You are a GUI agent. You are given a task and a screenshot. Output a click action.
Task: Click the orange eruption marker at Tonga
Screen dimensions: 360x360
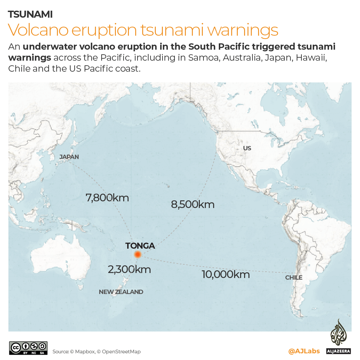point(138,255)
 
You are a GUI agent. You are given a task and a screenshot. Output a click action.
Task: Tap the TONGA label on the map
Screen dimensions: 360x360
point(140,246)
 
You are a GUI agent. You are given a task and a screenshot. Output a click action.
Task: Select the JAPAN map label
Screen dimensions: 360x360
point(69,157)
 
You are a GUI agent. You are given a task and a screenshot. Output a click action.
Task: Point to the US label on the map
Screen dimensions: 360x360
point(247,148)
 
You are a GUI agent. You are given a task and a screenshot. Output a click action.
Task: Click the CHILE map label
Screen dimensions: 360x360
point(294,277)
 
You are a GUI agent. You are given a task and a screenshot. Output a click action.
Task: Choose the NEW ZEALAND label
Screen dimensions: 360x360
point(121,292)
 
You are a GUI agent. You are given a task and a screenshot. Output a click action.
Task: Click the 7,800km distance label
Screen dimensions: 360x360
point(107,198)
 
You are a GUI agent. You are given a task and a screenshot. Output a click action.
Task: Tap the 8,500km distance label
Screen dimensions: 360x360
point(192,204)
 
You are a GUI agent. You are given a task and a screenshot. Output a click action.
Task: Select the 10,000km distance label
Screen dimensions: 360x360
point(225,274)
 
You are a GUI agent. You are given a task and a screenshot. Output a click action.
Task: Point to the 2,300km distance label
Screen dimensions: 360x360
point(129,269)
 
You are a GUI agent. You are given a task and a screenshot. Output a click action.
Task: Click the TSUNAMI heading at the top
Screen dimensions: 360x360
point(30,14)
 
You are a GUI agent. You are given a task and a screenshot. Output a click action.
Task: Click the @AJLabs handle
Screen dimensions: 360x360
point(304,351)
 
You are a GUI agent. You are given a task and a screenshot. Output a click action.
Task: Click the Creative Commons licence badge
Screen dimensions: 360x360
point(28,348)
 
